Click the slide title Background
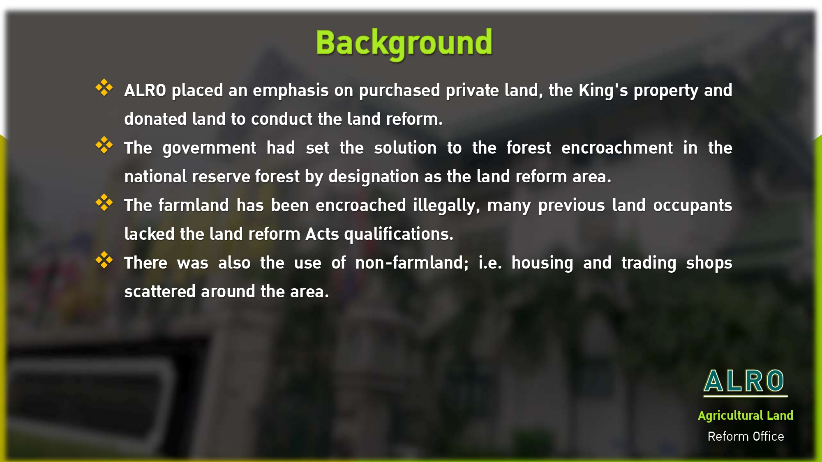tap(404, 43)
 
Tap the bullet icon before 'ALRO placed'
tap(104, 87)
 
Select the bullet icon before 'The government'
tap(104, 145)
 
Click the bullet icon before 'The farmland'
tap(104, 202)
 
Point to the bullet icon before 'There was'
tap(104, 260)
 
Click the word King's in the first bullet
tap(603, 91)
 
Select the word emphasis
tap(291, 91)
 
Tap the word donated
tap(155, 119)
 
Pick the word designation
tap(374, 177)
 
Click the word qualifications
tap(399, 234)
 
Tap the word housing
tap(542, 263)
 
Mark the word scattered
tap(160, 292)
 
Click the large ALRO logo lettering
tap(744, 381)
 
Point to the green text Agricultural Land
tap(746, 416)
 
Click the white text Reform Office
tap(746, 436)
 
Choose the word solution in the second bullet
tap(405, 148)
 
